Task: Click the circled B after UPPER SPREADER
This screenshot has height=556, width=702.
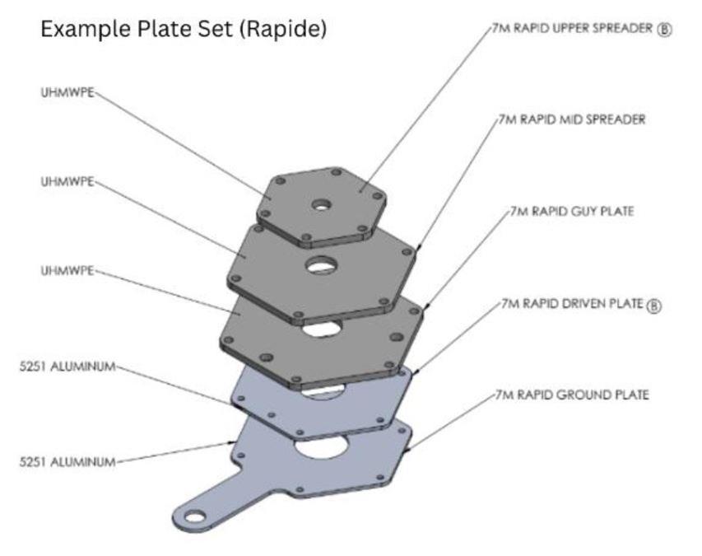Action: tap(665, 28)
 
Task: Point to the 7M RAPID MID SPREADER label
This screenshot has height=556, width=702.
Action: tap(572, 119)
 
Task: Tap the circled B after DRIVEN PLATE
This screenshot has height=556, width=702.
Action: tap(654, 305)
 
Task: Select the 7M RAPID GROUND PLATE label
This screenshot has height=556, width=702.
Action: tap(572, 395)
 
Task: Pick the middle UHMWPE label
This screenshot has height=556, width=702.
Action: tap(67, 181)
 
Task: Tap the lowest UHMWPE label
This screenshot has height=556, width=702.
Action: tap(67, 270)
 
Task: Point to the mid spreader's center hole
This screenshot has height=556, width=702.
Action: tap(322, 265)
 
